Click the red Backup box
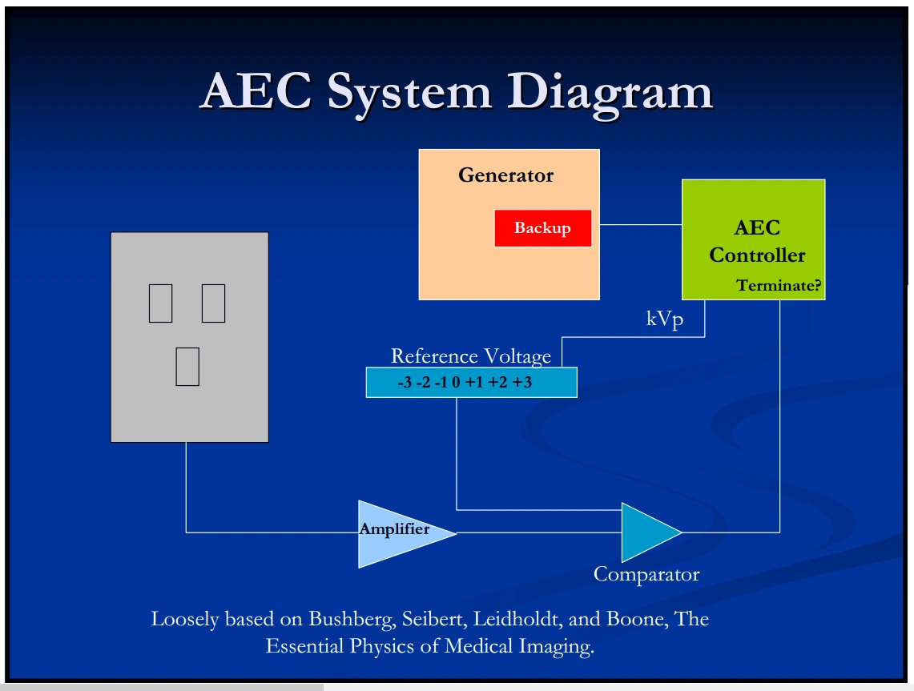[x=542, y=228]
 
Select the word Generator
[x=505, y=175]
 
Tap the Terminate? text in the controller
[x=779, y=286]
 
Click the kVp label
[x=665, y=319]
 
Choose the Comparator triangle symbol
[x=648, y=532]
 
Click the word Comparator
[x=646, y=574]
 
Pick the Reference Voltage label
[x=471, y=356]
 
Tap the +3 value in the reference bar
[x=522, y=383]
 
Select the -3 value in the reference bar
[x=405, y=383]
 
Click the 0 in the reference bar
[x=456, y=383]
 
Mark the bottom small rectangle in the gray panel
[x=187, y=367]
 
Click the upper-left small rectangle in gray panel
[x=160, y=303]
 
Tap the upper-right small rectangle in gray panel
[x=213, y=303]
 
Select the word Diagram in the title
[x=609, y=92]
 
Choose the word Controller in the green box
[x=757, y=255]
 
